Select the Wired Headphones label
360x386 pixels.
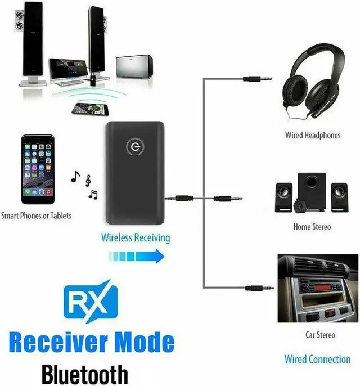tap(313, 136)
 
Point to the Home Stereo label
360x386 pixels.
tap(312, 227)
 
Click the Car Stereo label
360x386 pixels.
tap(319, 335)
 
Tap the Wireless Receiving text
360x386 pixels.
tap(136, 237)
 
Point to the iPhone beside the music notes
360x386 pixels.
tap(39, 169)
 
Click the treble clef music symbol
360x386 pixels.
tap(88, 181)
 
